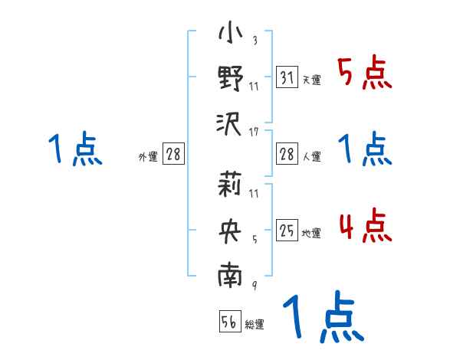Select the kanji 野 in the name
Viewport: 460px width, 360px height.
[x=230, y=79]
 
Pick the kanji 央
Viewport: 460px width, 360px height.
[x=230, y=229]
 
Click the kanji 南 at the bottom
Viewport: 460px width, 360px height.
[x=230, y=275]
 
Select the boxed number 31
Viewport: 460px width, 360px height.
[x=287, y=78]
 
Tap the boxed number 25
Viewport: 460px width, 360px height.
[x=287, y=231]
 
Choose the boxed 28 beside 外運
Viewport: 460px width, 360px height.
[x=173, y=155]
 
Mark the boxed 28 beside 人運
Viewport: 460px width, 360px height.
[x=287, y=155]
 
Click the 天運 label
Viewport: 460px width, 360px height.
[x=311, y=80]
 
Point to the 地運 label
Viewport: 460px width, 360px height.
[x=311, y=233]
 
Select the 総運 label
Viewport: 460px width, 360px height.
[x=255, y=324]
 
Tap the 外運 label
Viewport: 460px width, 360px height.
[x=148, y=156]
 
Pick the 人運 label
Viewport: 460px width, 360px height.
[x=311, y=156]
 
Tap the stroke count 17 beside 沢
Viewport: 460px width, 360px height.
[x=254, y=133]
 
